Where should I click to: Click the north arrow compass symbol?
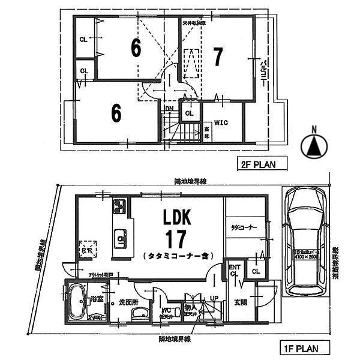pos(314,145)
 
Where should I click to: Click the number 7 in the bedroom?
pos(218,57)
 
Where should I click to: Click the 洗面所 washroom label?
pos(128,302)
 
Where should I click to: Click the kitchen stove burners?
pos(118,206)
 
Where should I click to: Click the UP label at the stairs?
pos(214,298)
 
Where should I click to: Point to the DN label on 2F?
pos(170,109)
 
